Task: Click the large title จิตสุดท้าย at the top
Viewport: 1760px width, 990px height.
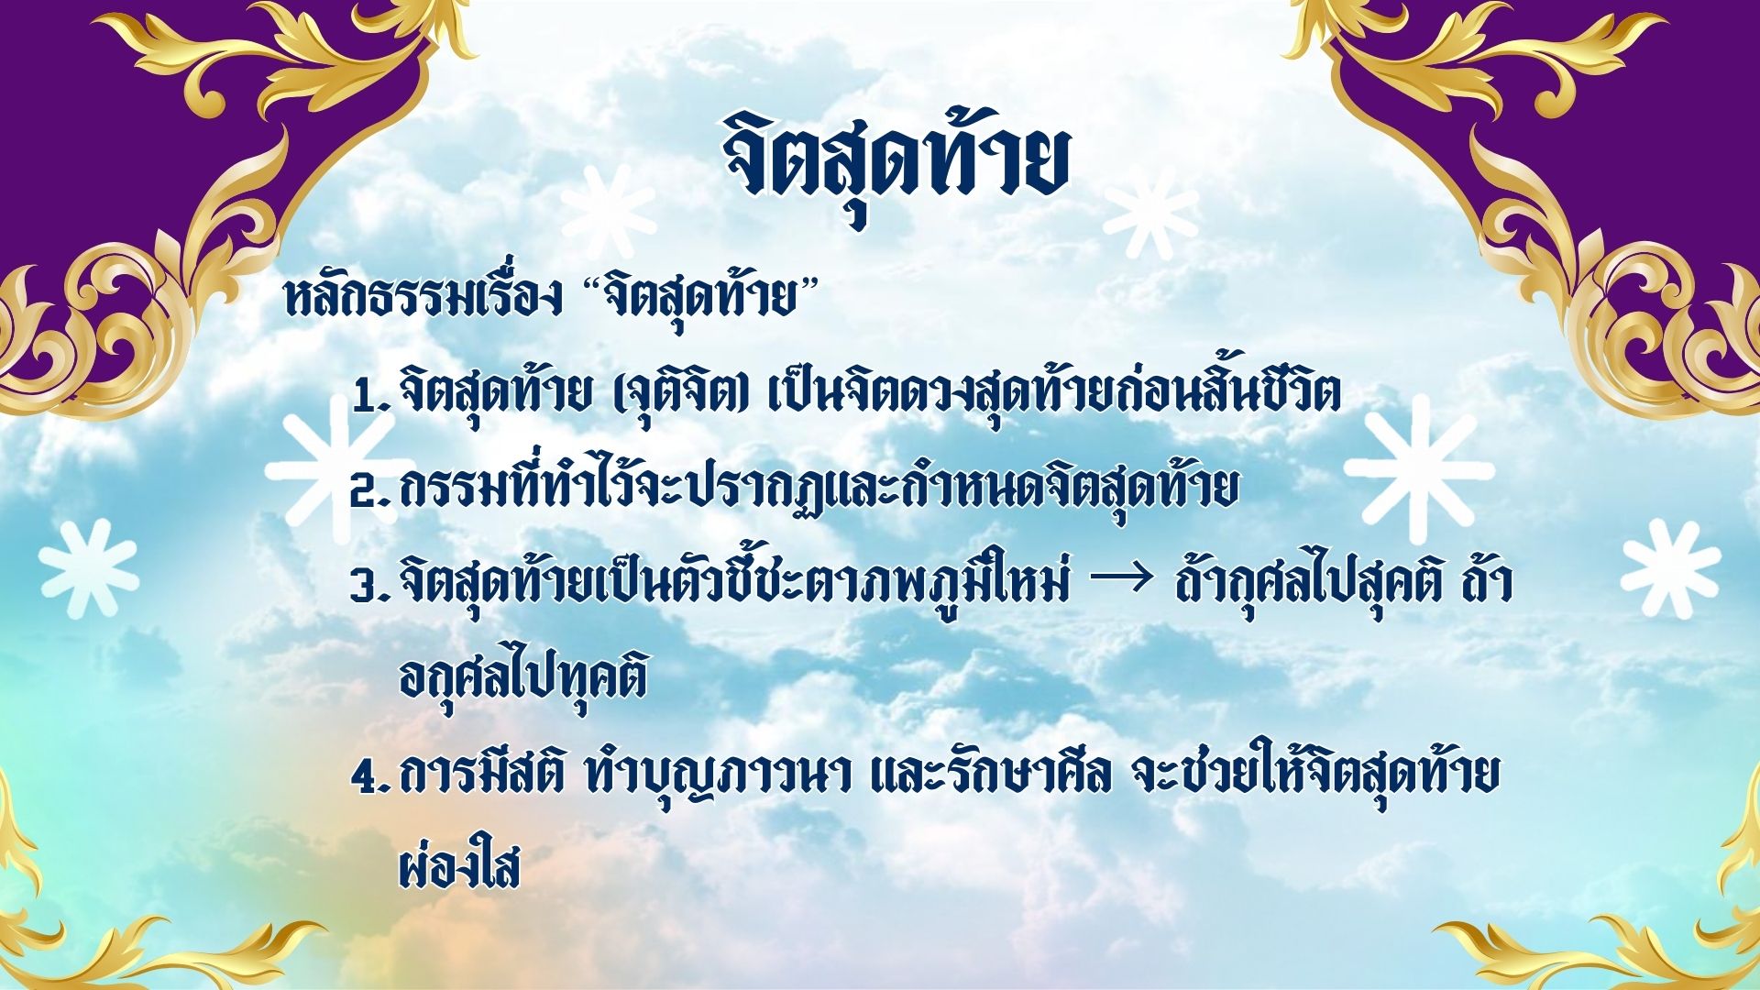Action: coord(895,165)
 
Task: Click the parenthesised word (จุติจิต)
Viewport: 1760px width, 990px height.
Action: coord(676,394)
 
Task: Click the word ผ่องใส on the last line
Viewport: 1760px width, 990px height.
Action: coord(459,863)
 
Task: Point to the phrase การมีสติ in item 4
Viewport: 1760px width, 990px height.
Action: coord(482,775)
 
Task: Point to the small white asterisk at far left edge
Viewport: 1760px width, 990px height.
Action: coord(89,568)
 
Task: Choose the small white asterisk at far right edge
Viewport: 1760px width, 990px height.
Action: coord(1670,568)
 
